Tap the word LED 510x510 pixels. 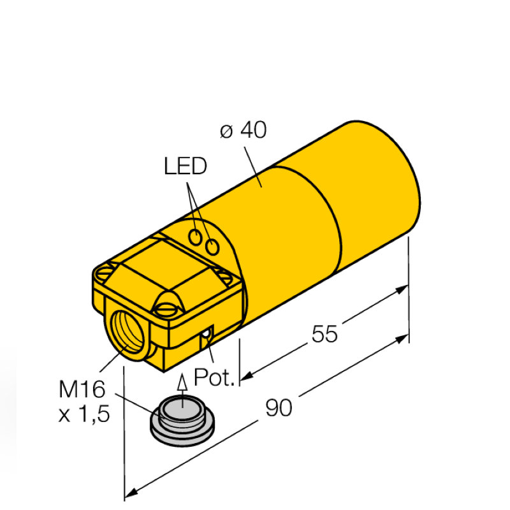186,167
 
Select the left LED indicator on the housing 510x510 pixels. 197,237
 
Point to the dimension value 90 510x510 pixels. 278,409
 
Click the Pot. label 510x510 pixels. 215,377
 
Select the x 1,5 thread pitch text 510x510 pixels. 84,414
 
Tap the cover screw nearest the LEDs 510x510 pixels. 224,275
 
